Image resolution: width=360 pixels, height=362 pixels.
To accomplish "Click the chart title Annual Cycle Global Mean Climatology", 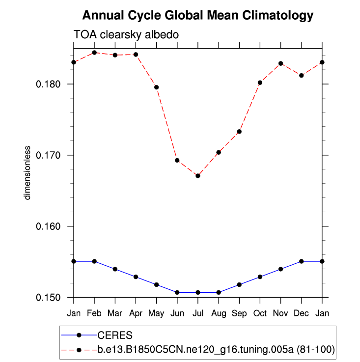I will [x=197, y=16].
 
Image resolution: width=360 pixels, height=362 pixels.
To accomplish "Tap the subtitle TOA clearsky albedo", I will [x=125, y=35].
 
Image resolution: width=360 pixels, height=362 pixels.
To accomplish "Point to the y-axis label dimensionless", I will [x=28, y=172].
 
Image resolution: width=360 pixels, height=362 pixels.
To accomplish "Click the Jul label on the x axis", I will [x=198, y=313].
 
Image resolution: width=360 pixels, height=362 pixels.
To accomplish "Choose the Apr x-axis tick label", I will [x=136, y=313].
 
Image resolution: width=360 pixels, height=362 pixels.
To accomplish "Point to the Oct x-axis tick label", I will [x=260, y=313].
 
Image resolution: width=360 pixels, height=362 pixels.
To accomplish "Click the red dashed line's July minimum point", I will [x=198, y=176].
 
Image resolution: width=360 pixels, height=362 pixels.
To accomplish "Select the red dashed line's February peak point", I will [x=94, y=53].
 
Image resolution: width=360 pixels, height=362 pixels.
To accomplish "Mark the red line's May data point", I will [x=157, y=87].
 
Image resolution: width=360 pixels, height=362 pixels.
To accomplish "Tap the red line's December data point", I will [x=302, y=75].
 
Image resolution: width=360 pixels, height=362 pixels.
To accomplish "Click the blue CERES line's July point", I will [x=198, y=292].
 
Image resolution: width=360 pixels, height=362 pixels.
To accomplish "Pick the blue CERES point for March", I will [x=115, y=269].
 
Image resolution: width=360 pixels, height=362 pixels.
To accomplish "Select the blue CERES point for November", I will [x=281, y=269].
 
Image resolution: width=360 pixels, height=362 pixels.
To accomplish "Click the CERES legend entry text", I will [x=115, y=335].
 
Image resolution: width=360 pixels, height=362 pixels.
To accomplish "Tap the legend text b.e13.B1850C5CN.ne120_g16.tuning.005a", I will [x=216, y=350].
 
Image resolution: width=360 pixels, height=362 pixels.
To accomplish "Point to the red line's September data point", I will [x=239, y=132].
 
